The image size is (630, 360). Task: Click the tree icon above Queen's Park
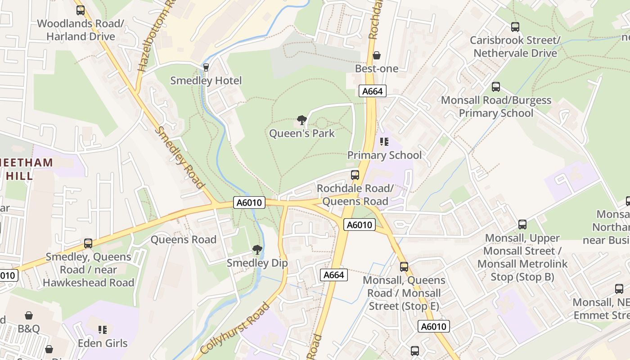pos(302,120)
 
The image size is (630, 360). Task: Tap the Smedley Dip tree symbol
pos(257,250)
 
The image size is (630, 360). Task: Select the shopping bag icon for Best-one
pos(377,55)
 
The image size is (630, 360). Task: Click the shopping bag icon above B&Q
pos(29,315)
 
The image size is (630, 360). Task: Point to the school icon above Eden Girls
pos(103,330)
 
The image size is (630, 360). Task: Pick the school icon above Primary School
pos(384,142)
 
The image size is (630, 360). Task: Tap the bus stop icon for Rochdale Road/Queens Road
pos(355,175)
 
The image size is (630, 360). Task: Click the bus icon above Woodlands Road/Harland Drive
pos(81,10)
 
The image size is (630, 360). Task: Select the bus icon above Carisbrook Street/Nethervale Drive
pos(515,27)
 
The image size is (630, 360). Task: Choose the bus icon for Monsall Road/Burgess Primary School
pos(496,87)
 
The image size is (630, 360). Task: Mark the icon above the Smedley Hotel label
pos(206,67)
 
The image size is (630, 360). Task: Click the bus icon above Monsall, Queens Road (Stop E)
pos(404,267)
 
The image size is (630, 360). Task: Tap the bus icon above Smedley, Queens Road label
pos(88,243)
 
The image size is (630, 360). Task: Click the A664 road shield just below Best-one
pos(373,91)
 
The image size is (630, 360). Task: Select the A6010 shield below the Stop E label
pos(434,326)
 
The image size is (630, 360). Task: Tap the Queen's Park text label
pos(302,133)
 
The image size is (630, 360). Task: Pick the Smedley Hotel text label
pos(206,81)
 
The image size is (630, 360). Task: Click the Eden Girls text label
pos(103,343)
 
